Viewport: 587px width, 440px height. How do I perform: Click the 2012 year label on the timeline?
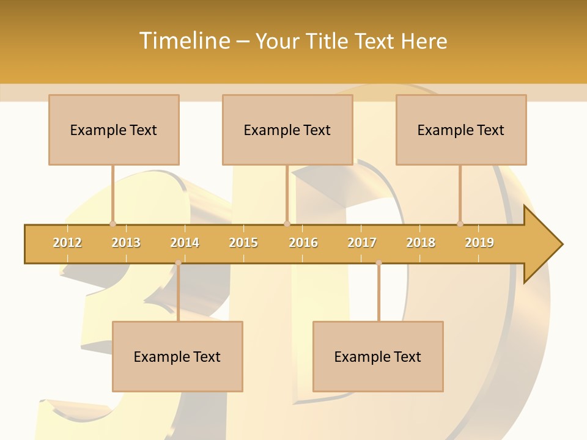tap(67, 243)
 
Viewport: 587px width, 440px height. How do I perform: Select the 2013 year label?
tap(126, 243)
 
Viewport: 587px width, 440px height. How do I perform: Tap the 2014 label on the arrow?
tap(185, 243)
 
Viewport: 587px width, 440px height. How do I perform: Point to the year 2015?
tap(243, 243)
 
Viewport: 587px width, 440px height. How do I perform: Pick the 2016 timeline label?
tap(303, 243)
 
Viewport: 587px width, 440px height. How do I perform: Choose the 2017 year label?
tap(362, 243)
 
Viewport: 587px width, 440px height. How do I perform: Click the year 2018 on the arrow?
tap(421, 243)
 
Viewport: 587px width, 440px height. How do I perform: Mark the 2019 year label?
tap(479, 243)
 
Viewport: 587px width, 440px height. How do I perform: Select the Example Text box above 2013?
tap(114, 130)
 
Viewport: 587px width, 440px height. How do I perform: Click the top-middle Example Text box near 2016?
tap(287, 130)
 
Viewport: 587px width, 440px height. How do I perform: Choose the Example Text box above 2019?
tap(461, 130)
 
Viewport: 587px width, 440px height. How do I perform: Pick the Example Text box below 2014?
tap(177, 356)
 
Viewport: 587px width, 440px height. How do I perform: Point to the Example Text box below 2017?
tap(378, 356)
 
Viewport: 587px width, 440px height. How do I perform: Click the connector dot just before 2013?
tap(113, 224)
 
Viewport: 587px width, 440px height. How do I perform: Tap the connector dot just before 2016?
tap(287, 224)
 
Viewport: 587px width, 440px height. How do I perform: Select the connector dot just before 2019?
tap(460, 224)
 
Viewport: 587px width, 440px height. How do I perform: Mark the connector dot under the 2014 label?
tap(178, 263)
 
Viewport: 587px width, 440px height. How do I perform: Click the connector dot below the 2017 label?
tap(378, 263)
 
